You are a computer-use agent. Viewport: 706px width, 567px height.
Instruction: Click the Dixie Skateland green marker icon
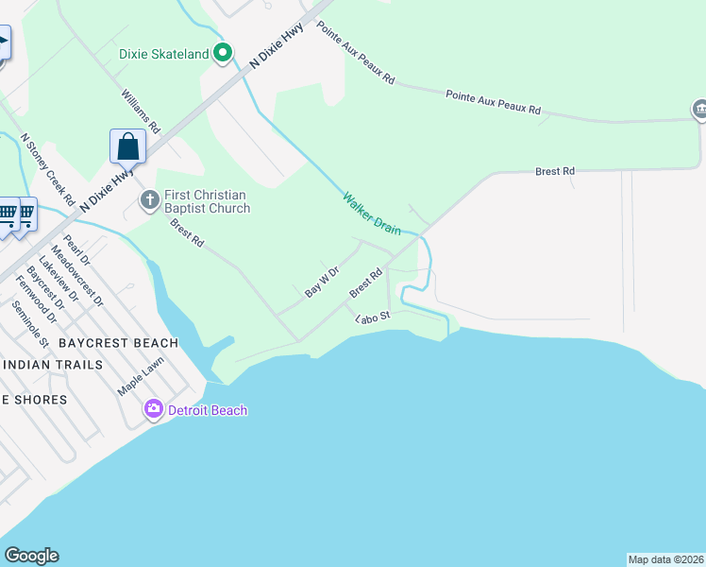(x=223, y=53)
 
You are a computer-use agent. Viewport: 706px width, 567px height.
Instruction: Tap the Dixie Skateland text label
(x=163, y=54)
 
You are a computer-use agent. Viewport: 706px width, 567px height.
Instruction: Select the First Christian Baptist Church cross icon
(x=149, y=199)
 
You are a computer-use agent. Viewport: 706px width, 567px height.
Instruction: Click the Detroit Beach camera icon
(x=153, y=409)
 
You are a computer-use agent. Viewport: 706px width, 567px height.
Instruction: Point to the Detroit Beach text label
(x=207, y=410)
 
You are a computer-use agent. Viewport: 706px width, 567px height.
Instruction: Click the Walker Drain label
(x=371, y=214)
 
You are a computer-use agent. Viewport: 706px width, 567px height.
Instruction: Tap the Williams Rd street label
(x=142, y=111)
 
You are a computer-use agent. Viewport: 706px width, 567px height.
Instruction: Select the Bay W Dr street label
(x=322, y=283)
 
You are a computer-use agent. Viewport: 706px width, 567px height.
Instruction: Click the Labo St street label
(x=372, y=319)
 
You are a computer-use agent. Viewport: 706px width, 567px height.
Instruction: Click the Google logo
(x=31, y=556)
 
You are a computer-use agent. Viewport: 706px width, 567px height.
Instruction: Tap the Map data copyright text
(x=665, y=558)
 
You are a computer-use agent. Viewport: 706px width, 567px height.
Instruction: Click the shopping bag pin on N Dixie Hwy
(x=127, y=147)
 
